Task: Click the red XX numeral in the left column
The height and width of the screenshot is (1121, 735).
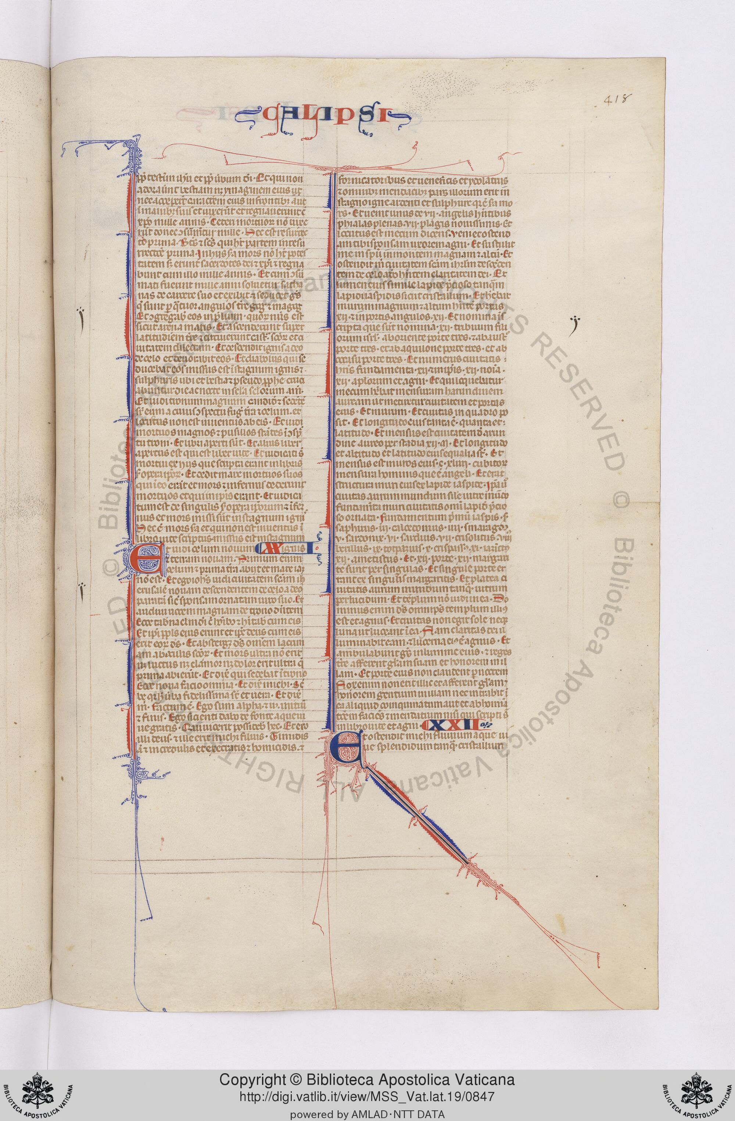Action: (271, 547)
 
